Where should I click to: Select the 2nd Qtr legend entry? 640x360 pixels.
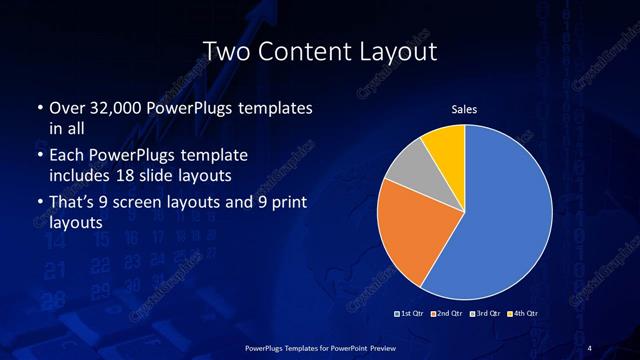[447, 313]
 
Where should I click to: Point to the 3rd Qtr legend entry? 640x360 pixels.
[484, 313]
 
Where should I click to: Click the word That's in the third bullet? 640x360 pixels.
[73, 204]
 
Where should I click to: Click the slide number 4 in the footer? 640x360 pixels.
[589, 347]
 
